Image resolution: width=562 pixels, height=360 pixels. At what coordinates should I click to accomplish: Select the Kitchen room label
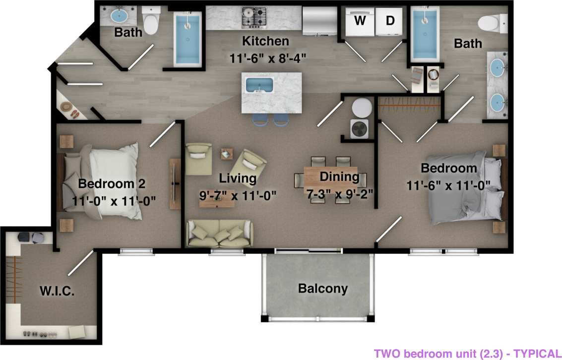click(x=265, y=41)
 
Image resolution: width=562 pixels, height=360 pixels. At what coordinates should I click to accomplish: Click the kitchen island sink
click(x=259, y=85)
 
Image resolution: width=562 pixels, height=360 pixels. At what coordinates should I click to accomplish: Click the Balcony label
click(x=323, y=289)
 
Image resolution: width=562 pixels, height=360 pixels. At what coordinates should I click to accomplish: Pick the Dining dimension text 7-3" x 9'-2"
click(x=339, y=192)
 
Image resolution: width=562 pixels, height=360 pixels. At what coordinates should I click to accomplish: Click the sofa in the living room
click(x=220, y=234)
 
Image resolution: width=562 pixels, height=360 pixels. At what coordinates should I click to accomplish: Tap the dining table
click(x=330, y=176)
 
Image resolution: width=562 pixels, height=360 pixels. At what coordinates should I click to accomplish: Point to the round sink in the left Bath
click(x=119, y=16)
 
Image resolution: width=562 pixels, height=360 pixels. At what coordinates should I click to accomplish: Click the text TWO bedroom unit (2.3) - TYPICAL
click(x=467, y=354)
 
